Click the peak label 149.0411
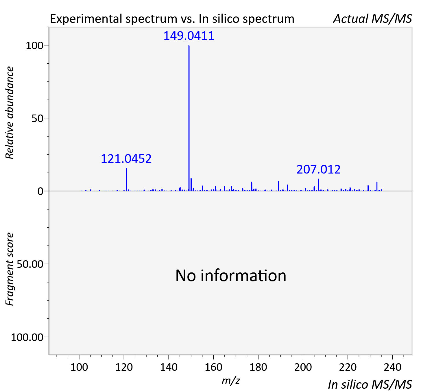coord(189,36)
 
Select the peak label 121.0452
coord(126,158)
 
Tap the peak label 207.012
coord(318,169)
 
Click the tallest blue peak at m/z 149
coord(189,118)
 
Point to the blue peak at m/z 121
coord(126,180)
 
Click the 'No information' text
coord(231,276)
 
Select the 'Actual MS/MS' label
coord(373,19)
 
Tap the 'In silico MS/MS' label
coord(370,384)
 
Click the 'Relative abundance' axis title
coord(10,113)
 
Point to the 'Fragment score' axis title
coord(10,269)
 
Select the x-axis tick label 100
coord(79,367)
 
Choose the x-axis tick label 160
coord(213,367)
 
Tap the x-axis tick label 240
coord(393,367)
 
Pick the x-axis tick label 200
coord(303,367)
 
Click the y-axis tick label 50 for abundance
coord(38,119)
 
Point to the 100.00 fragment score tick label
coord(27,337)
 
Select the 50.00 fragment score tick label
coord(30,264)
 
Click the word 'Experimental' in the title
coord(86,19)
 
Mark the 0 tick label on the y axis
coord(40,191)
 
